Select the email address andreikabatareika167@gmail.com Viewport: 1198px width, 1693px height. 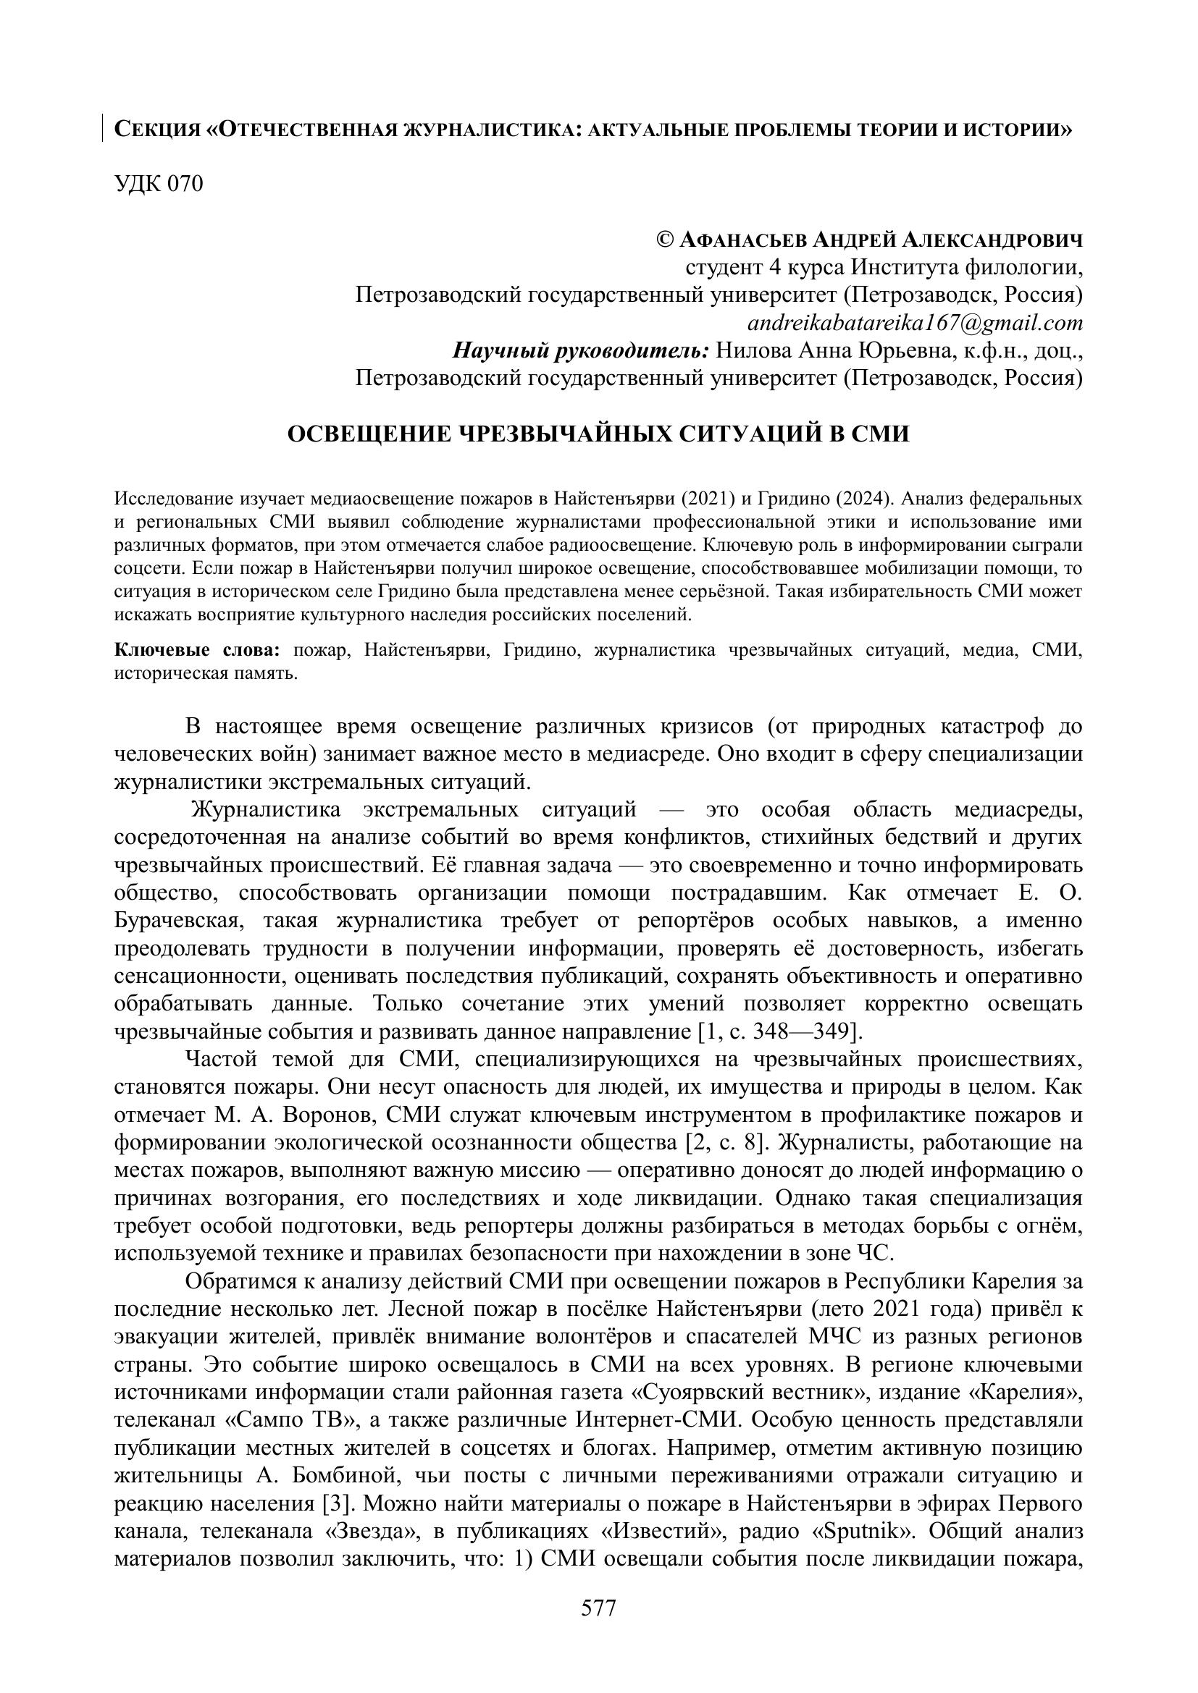tap(915, 323)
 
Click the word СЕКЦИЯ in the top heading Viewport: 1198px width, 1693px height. tap(157, 130)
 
